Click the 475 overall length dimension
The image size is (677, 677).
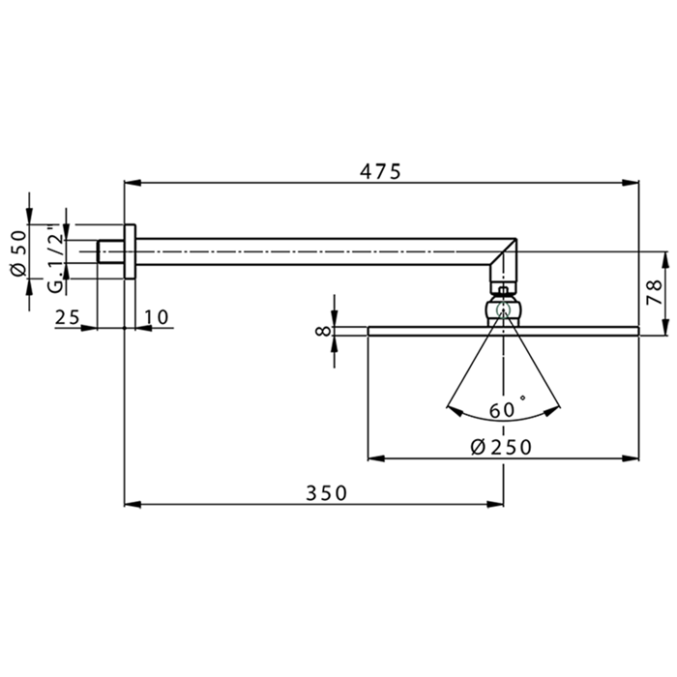pos(380,171)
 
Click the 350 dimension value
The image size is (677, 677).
pos(326,492)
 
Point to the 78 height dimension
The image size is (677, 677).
pos(655,290)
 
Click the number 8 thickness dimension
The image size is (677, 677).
pos(323,331)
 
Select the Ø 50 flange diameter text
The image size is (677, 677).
pos(17,252)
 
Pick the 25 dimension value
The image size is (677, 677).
pos(67,317)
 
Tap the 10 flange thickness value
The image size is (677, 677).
pos(157,317)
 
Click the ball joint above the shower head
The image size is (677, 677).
pos(503,310)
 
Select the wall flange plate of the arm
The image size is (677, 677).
pos(131,251)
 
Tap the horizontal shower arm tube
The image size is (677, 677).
pos(319,251)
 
